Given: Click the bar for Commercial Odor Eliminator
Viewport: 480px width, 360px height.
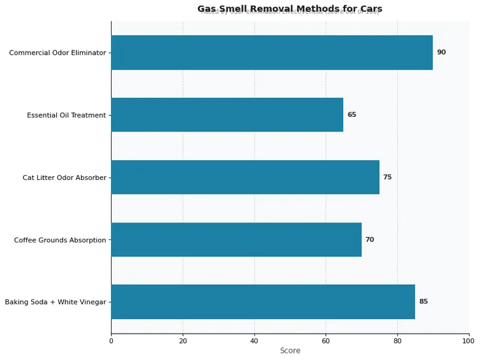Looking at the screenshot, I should point(271,52).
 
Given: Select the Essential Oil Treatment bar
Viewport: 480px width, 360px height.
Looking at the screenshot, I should point(227,115).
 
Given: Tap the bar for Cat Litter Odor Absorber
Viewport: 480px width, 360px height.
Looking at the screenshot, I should point(245,177).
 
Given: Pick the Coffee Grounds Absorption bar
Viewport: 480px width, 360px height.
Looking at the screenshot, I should point(236,239).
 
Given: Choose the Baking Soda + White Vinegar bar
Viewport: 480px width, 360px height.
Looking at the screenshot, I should point(263,302).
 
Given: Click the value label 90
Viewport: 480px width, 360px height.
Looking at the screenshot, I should point(441,52).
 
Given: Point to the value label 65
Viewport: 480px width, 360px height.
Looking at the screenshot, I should point(352,115).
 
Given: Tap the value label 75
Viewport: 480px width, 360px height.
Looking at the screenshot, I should point(387,177).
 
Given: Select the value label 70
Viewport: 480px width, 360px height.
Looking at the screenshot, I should point(370,239).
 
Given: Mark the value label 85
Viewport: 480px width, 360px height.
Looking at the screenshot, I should point(423,302).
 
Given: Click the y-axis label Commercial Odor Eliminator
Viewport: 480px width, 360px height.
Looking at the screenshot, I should point(58,53).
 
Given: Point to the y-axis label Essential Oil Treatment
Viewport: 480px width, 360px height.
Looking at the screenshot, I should point(67,115).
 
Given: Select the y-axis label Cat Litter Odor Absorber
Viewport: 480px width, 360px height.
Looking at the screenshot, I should point(64,178).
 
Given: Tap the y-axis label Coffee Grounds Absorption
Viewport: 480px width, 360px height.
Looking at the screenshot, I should point(60,240).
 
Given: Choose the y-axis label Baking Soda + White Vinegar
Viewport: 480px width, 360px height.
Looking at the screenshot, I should point(55,302).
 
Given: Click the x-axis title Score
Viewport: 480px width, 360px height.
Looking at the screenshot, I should point(290,350).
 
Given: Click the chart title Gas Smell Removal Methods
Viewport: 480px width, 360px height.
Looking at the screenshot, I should point(290,8).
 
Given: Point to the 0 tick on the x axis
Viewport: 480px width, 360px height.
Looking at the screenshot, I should point(111,341).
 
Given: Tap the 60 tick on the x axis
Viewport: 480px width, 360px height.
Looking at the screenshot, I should point(326,341).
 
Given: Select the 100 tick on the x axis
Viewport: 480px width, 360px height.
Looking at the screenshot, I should point(469,341).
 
